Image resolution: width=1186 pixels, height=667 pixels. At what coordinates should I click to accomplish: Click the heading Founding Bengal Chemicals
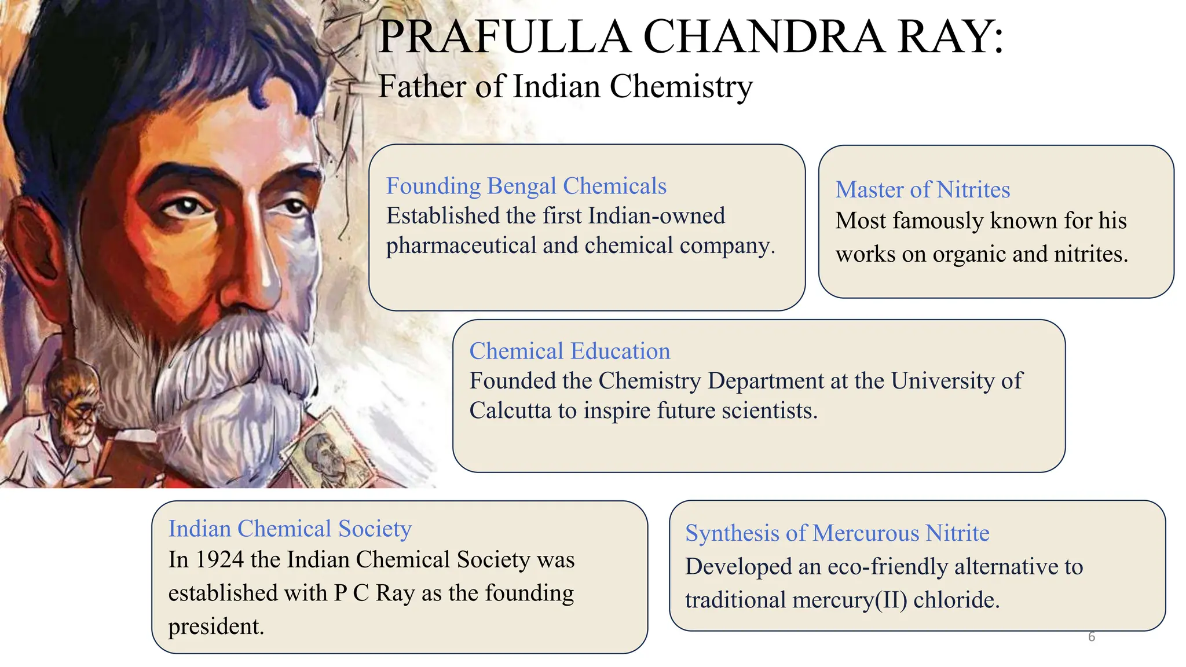pyautogui.click(x=526, y=186)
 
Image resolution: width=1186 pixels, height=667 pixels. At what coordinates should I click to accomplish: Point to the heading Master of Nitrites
pyautogui.click(x=923, y=190)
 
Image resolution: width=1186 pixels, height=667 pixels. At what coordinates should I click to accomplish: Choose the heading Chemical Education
pyautogui.click(x=569, y=351)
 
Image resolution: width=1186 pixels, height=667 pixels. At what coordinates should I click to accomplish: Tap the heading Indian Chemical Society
pyautogui.click(x=290, y=529)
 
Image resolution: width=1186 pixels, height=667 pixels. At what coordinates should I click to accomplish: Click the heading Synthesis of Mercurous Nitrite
pyautogui.click(x=837, y=533)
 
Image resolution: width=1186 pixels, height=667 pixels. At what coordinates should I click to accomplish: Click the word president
pyautogui.click(x=216, y=626)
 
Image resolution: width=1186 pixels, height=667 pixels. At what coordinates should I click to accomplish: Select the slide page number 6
pyautogui.click(x=1092, y=637)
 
